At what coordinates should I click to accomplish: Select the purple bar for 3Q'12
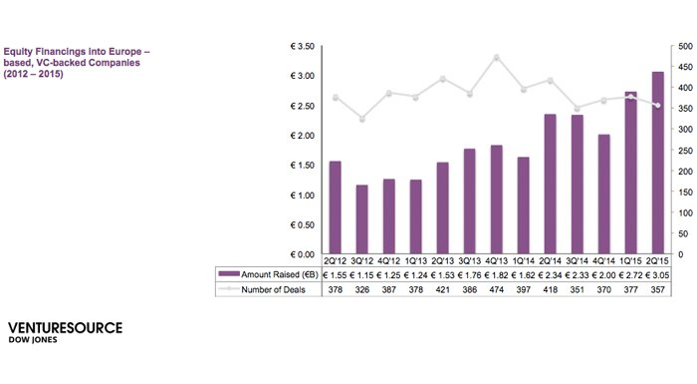tap(361, 219)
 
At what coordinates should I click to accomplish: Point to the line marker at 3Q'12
tap(361, 120)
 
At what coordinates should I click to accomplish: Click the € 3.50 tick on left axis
tap(300, 47)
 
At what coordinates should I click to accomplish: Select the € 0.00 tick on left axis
tap(300, 255)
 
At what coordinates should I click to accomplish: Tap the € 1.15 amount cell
tap(361, 273)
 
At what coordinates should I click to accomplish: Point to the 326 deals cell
tap(361, 289)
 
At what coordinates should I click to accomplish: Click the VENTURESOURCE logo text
tap(65, 327)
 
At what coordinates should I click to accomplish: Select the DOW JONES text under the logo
tap(34, 340)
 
